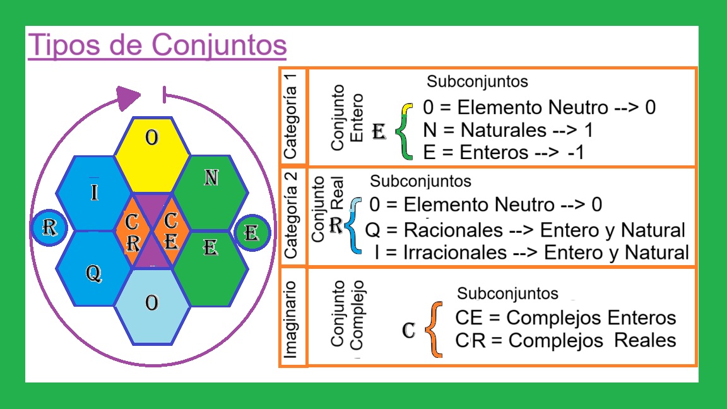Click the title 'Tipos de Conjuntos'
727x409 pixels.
(x=157, y=45)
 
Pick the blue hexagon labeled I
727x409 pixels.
(x=93, y=189)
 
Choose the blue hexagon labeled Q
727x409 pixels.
(x=93, y=273)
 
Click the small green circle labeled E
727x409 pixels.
(x=252, y=233)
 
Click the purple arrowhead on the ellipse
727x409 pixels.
(x=129, y=97)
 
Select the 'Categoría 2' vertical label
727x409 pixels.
(x=292, y=216)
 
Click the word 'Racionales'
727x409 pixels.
(x=453, y=229)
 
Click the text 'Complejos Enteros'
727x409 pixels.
(x=591, y=317)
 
